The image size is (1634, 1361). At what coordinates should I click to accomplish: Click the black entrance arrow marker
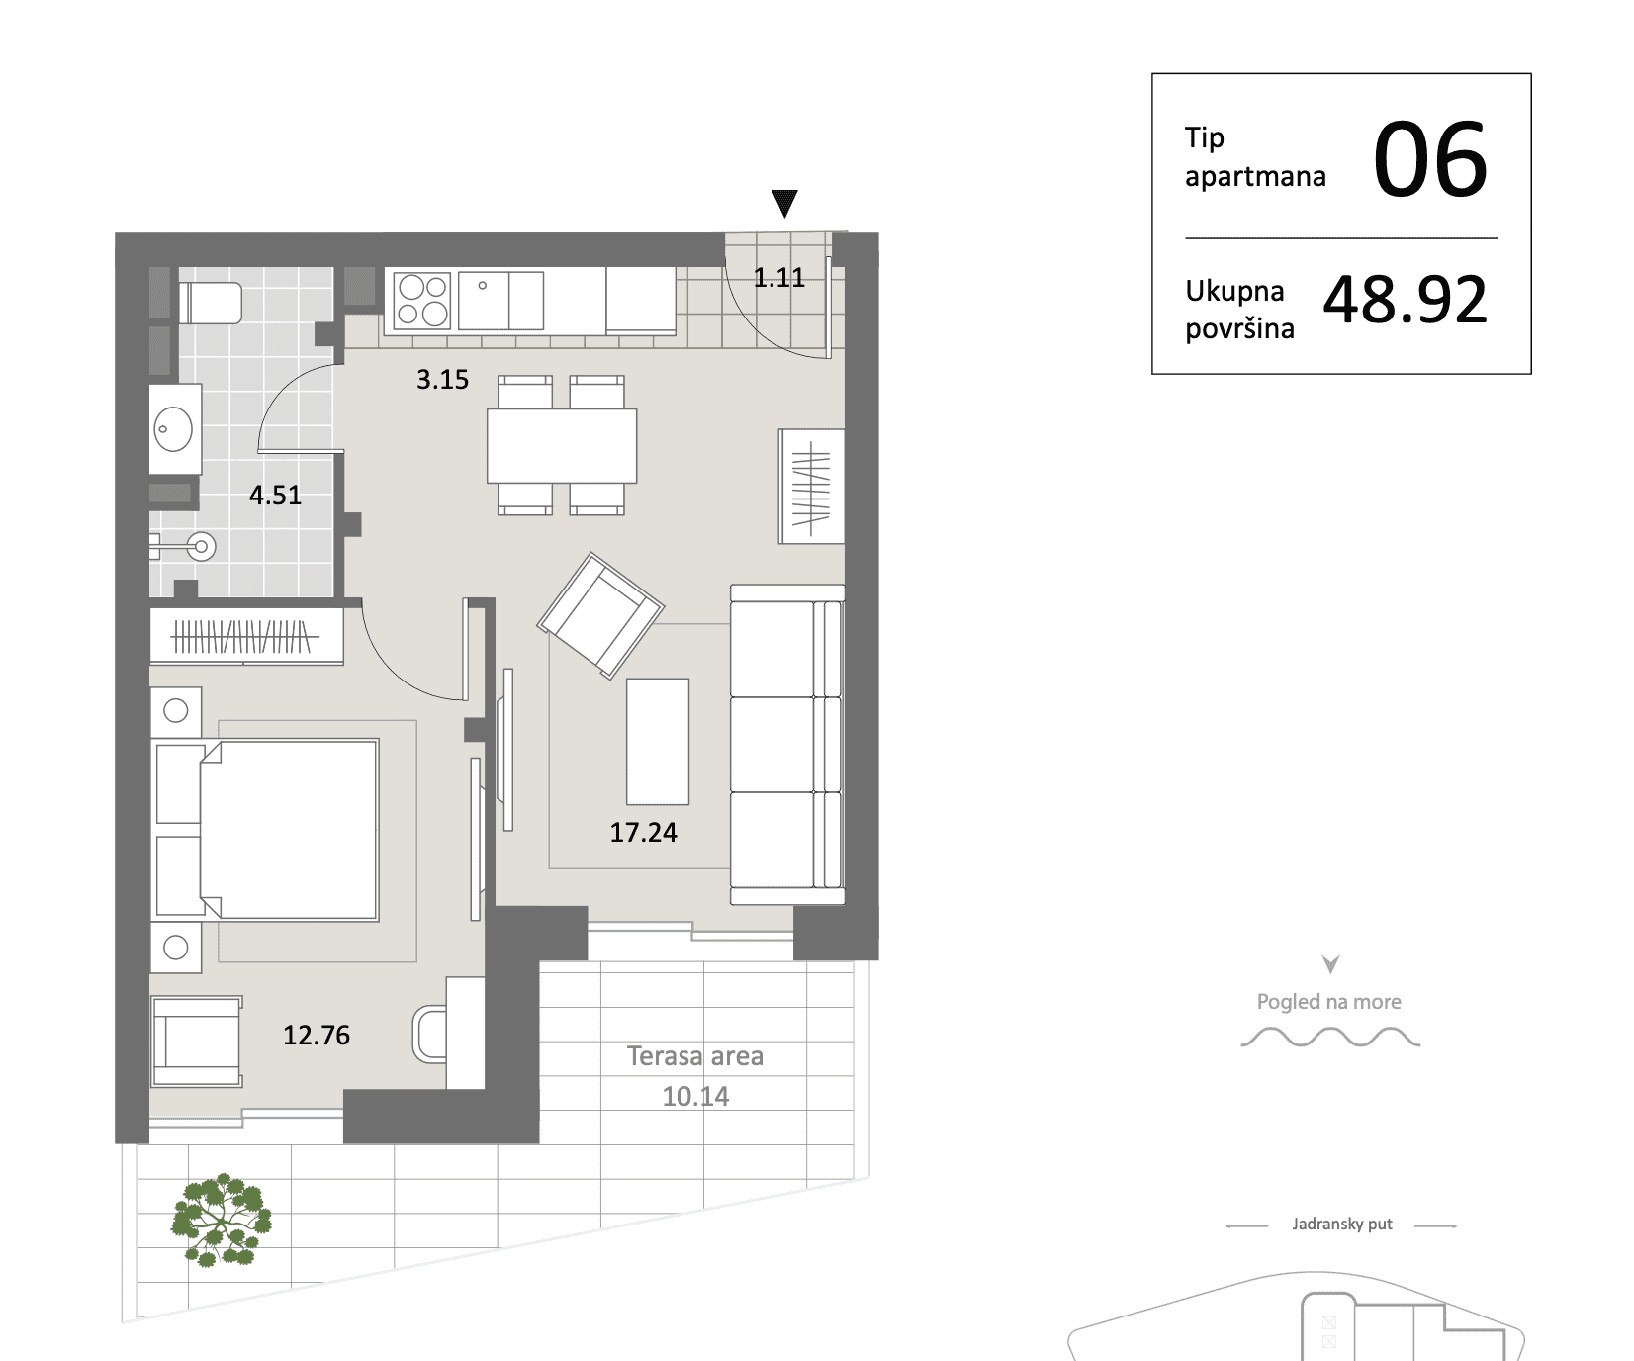[784, 203]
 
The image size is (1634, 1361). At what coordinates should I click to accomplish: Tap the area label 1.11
[779, 278]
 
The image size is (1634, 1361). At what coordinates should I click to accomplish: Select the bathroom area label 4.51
[275, 495]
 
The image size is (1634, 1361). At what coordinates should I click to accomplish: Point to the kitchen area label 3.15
[442, 380]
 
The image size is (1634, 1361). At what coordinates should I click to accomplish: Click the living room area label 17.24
[643, 833]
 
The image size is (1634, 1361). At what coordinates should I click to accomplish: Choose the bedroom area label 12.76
[317, 1036]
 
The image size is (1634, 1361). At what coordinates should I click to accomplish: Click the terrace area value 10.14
[695, 1097]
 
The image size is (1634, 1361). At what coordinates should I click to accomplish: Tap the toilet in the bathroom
[210, 303]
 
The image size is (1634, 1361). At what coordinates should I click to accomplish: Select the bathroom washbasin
[175, 430]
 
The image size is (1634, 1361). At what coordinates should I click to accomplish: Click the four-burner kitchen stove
[422, 301]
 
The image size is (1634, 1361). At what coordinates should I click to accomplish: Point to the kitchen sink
[500, 301]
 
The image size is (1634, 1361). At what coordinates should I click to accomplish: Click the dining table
[562, 446]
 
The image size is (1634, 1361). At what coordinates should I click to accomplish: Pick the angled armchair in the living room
[600, 615]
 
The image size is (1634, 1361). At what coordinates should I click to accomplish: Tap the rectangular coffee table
[658, 741]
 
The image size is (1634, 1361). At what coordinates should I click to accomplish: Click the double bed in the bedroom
[267, 830]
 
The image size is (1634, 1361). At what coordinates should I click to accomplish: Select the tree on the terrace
[222, 1221]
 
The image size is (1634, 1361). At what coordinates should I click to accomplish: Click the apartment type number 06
[1430, 159]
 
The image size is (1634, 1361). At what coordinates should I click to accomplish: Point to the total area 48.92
[1406, 300]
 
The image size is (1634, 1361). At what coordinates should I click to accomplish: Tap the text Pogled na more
[1329, 1002]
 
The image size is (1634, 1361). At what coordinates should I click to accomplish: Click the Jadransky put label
[1342, 1225]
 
